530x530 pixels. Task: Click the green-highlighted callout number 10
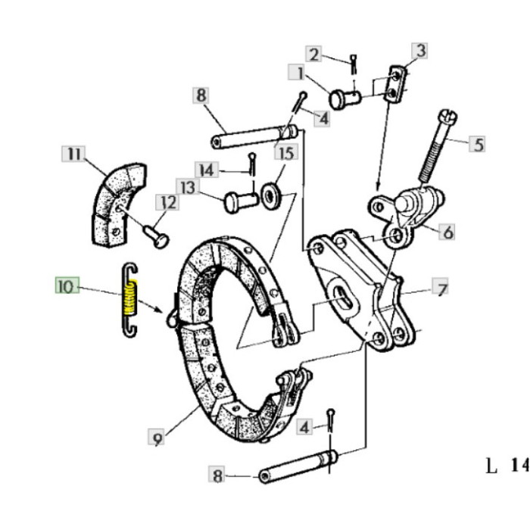click(67, 285)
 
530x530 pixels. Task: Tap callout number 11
click(73, 154)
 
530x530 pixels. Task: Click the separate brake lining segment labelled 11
click(118, 204)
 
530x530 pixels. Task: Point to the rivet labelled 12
click(156, 236)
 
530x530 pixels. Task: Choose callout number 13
click(188, 187)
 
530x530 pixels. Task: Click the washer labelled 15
click(271, 196)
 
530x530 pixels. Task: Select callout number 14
click(206, 170)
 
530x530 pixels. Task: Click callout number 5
click(477, 144)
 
